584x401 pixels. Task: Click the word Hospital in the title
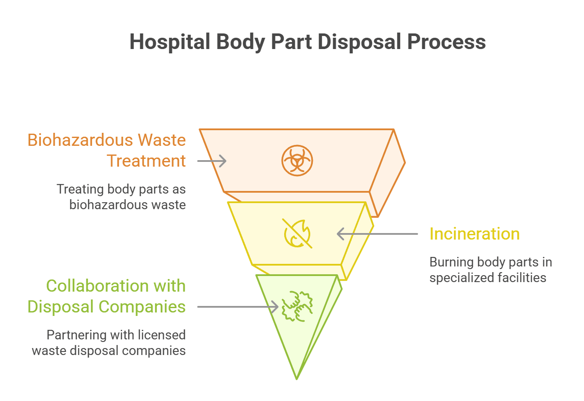pos(170,42)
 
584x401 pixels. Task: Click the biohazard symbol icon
pos(297,161)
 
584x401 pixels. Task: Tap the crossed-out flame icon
pos(297,233)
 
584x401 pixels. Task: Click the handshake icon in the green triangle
pos(297,306)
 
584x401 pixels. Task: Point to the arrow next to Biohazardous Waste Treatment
pos(212,161)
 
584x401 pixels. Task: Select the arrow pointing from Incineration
pos(377,234)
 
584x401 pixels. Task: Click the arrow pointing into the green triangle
pos(238,307)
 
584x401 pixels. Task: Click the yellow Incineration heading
pos(474,234)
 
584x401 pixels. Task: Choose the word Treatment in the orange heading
pos(146,161)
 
